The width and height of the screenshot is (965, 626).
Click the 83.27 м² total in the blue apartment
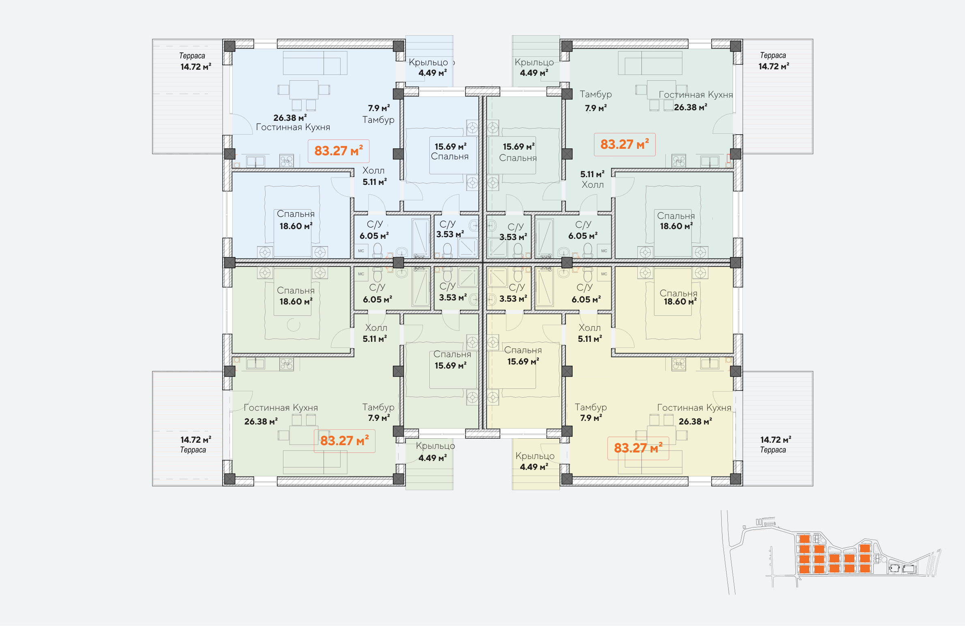pos(339,151)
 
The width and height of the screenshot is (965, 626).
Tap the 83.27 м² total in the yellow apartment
pos(638,448)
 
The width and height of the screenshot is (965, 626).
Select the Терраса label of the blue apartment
pos(192,56)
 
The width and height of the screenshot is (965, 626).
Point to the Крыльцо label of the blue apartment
pos(428,62)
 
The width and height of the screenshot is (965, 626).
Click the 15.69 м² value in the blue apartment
pos(450,146)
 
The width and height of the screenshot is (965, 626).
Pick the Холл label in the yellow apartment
pos(590,328)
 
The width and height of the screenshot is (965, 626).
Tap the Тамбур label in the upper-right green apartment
pos(596,94)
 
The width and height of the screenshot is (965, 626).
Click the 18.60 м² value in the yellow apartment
pos(680,301)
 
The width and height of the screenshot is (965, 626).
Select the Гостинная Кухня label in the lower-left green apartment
pos(281,407)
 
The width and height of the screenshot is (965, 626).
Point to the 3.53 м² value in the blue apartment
pos(450,234)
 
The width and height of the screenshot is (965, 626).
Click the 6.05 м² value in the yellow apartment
pos(586,299)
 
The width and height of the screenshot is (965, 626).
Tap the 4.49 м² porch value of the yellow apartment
pos(534,467)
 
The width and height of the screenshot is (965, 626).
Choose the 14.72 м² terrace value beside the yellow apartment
pos(776,439)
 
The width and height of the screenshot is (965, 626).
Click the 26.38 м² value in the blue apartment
pos(290,118)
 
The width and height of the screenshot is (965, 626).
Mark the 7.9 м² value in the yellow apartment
pos(591,418)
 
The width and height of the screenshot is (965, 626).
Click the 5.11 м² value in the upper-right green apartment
pos(592,174)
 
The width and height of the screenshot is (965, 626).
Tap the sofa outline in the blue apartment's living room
pos(315,63)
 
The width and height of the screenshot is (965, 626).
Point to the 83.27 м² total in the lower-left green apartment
pos(344,441)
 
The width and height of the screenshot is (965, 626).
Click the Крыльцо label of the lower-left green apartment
pos(435,446)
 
